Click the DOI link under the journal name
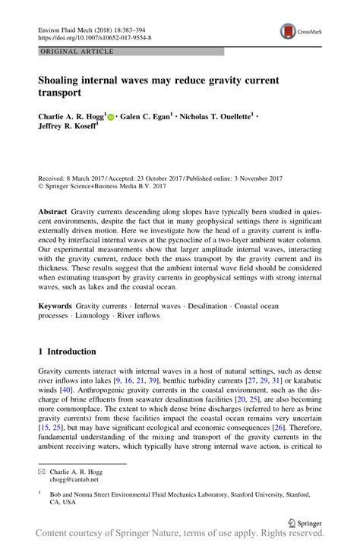(x=94, y=36)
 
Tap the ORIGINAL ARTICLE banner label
(x=77, y=52)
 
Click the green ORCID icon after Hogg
(x=110, y=117)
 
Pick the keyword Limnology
(x=93, y=315)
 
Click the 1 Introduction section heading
(x=68, y=352)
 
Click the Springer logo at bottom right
(x=305, y=522)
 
